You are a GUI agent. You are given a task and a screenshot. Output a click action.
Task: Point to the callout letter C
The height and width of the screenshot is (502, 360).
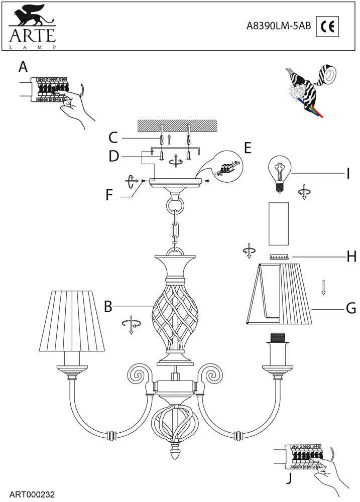(113, 137)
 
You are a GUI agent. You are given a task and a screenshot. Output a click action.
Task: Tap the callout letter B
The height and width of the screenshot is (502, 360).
(107, 306)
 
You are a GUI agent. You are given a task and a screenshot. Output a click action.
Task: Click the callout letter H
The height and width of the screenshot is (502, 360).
(351, 257)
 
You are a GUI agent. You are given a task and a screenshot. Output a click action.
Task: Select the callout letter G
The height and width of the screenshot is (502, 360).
(350, 307)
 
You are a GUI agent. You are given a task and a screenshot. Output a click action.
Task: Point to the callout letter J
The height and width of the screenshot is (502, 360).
(288, 478)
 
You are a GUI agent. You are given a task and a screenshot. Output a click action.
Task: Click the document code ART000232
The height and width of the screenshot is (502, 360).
(32, 494)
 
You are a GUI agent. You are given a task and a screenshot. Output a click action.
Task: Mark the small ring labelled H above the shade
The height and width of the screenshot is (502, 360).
(280, 257)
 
